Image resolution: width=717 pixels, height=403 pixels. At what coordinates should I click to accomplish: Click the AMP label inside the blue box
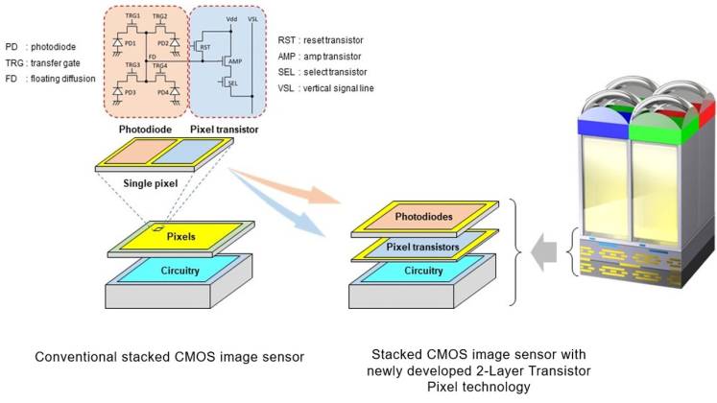click(x=233, y=63)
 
